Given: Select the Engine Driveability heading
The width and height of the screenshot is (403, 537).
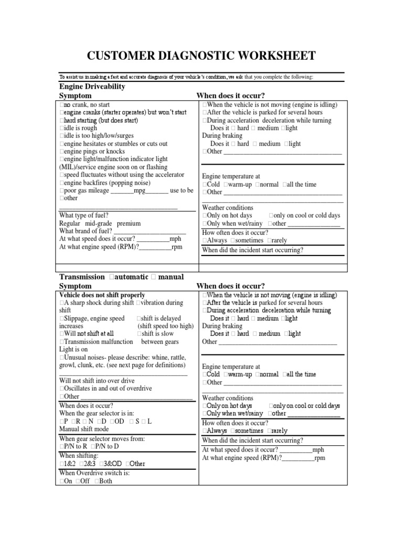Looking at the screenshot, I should pyautogui.click(x=92, y=86).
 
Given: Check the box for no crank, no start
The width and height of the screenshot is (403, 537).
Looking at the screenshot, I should pyautogui.click(x=62, y=105).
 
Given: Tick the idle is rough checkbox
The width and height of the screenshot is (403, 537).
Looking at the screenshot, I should pyautogui.click(x=62, y=128).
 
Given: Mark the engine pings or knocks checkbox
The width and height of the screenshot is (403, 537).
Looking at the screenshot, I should pyautogui.click(x=62, y=152).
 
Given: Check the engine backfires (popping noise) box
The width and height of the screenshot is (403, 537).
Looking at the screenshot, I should pyautogui.click(x=62, y=182).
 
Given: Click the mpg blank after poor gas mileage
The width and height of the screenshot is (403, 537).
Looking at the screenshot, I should pyautogui.click(x=123, y=190).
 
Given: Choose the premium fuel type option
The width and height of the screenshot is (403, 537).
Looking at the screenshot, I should pyautogui.click(x=129, y=223).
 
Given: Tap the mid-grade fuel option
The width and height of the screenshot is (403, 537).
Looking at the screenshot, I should pyautogui.click(x=99, y=223).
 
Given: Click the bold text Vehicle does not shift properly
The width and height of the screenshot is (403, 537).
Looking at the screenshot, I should pyautogui.click(x=102, y=295).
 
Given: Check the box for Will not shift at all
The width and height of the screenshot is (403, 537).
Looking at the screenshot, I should pyautogui.click(x=62, y=334).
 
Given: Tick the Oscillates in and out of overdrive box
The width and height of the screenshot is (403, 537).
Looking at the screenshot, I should pyautogui.click(x=62, y=389).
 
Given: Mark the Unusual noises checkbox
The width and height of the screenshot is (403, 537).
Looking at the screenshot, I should pyautogui.click(x=62, y=357).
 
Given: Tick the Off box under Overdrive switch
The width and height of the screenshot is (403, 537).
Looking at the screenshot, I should pyautogui.click(x=78, y=481).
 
